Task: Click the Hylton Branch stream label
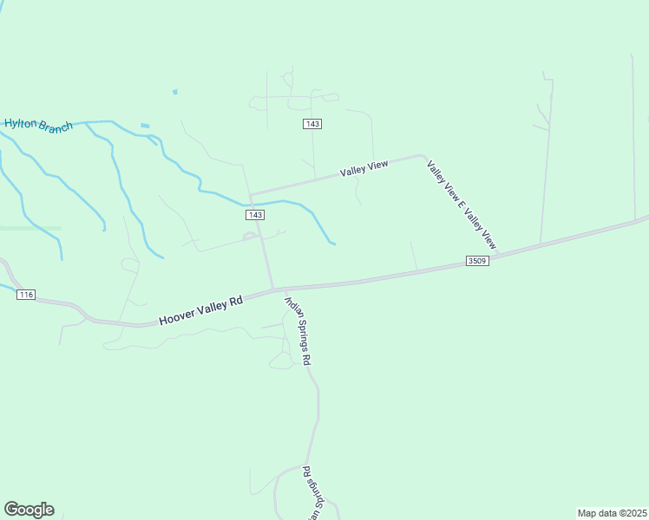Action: point(38,125)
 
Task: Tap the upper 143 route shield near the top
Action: point(313,124)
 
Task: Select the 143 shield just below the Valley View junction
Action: point(254,215)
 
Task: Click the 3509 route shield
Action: point(477,261)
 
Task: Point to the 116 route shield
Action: point(25,296)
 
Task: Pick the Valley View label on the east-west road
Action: point(364,169)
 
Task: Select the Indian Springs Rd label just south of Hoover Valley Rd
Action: point(296,330)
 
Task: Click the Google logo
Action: point(29,510)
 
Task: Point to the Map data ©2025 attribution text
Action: point(612,513)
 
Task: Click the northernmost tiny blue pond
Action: point(175,92)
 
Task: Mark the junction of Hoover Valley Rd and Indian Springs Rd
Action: point(274,289)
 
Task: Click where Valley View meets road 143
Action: point(251,194)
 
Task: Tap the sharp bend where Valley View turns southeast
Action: point(423,157)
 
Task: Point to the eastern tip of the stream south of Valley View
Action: point(334,244)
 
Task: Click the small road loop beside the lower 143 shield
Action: point(250,235)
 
